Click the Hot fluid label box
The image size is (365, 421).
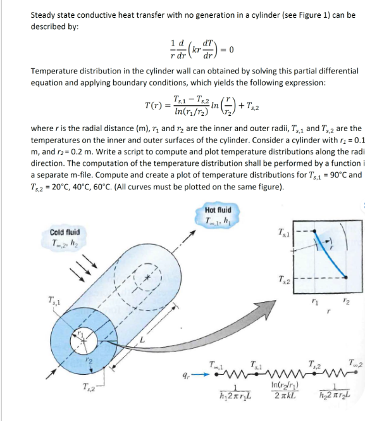(218, 214)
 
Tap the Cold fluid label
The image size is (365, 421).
(64, 236)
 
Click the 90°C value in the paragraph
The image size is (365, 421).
(339, 175)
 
